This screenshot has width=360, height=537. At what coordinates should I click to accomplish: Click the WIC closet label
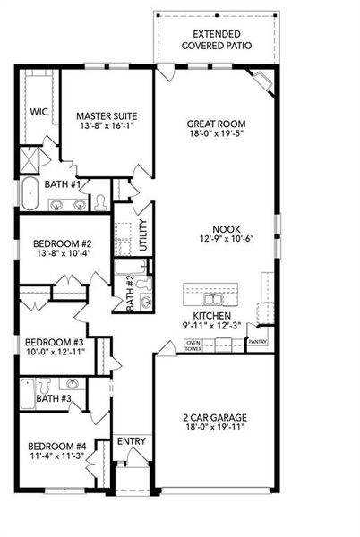click(x=38, y=112)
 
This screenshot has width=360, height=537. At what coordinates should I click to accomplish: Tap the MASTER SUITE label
click(x=105, y=115)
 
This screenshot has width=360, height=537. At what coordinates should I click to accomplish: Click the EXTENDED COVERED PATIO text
click(x=216, y=38)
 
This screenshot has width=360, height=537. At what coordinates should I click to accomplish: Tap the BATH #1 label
click(x=64, y=184)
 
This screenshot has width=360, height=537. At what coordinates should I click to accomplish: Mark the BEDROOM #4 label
click(x=56, y=447)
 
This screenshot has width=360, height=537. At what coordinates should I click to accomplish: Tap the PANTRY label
click(x=257, y=342)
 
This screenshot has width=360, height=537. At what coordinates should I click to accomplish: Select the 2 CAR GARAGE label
click(x=216, y=417)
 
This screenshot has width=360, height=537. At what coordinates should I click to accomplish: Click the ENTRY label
click(x=131, y=441)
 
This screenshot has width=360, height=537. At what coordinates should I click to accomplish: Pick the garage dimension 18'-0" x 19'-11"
click(x=216, y=429)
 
